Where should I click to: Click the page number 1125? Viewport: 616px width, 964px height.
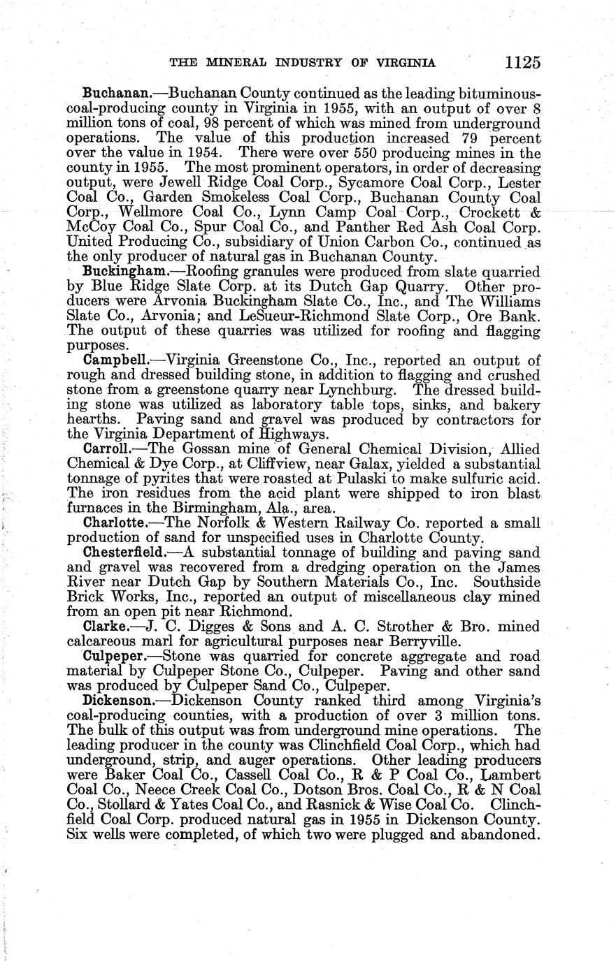(522, 62)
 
